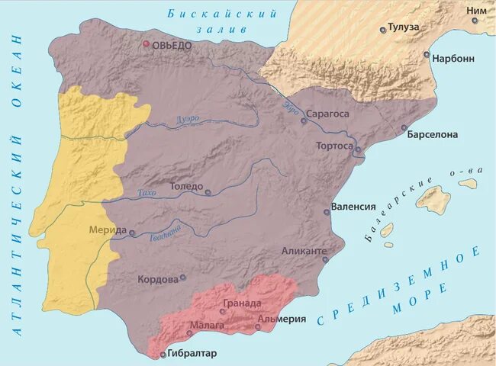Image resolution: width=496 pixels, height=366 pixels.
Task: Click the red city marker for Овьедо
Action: point(147,44)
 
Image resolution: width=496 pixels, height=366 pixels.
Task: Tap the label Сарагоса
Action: point(328,114)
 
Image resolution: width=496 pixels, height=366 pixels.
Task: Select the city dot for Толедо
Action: point(208,193)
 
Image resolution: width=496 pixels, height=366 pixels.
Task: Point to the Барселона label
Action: point(433,135)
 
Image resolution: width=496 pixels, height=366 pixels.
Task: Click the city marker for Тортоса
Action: point(357,149)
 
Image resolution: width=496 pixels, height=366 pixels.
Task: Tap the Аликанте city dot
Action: point(325,259)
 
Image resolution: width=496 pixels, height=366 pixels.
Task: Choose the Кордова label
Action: point(157,279)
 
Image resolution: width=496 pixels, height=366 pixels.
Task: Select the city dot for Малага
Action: point(189,333)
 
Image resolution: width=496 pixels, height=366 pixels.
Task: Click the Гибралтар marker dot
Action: point(163,355)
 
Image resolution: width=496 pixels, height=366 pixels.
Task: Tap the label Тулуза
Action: point(405,27)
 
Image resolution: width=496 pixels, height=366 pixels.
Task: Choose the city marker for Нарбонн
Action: point(427,54)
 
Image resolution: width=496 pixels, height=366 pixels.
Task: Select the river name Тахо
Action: point(147,194)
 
